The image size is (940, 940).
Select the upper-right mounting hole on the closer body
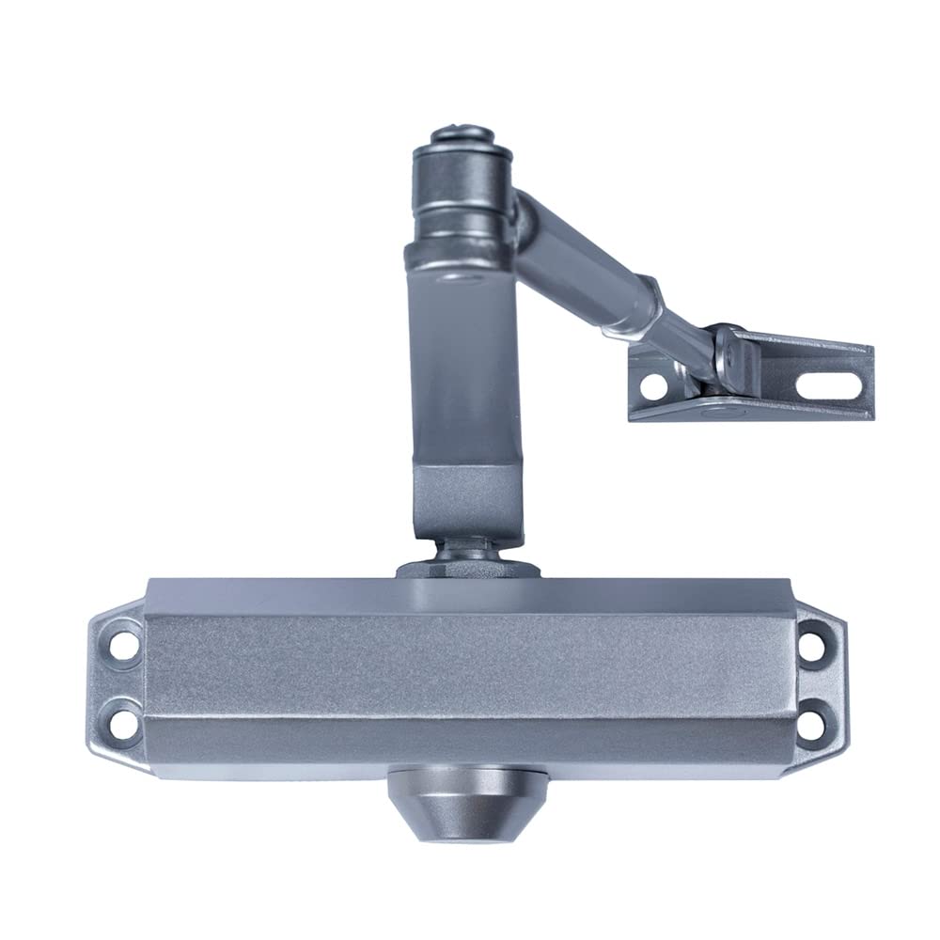pos(809,647)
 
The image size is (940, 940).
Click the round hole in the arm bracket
pos(654,386)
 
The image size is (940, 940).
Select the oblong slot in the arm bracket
pos(828,384)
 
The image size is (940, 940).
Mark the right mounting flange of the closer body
pos(816,684)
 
